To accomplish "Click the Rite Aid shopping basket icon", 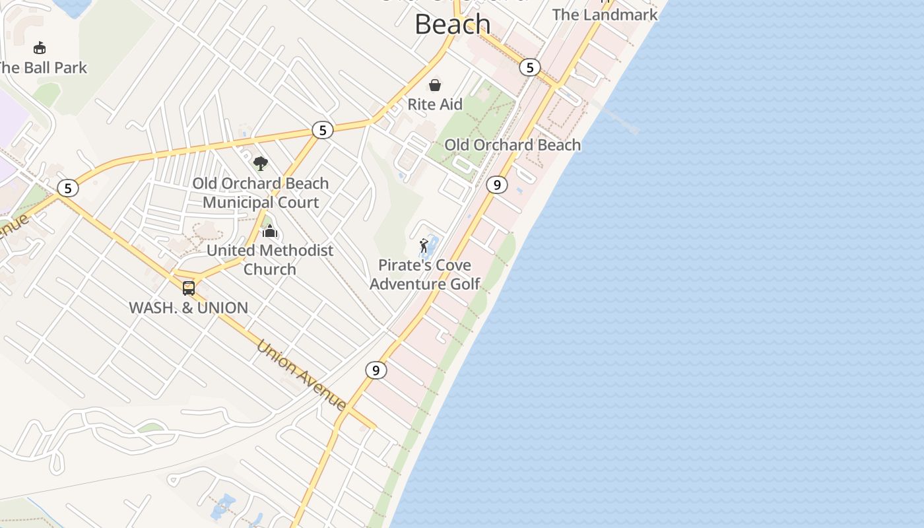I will [x=435, y=85].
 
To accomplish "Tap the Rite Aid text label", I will [x=435, y=104].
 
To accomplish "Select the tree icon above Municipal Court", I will [x=261, y=163].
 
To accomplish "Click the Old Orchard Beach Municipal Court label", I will [x=261, y=193].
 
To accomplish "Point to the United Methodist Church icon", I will [x=269, y=232].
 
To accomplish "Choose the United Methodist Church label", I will [x=270, y=259].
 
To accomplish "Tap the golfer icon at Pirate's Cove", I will [x=424, y=247].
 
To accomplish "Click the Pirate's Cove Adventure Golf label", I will [x=424, y=275].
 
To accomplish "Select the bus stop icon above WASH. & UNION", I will [x=189, y=288].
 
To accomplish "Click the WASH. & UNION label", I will [x=189, y=308].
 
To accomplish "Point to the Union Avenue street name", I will [x=302, y=374].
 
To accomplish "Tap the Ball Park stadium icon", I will [x=40, y=48].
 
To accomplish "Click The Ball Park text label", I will [x=42, y=67].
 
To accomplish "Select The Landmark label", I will [x=605, y=15].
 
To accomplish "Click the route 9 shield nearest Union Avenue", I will [x=376, y=370].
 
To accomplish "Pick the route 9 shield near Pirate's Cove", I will [x=497, y=185].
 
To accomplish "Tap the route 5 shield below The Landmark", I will [x=529, y=67].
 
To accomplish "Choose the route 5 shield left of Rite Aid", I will [x=322, y=130].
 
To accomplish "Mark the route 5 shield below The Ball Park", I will [x=67, y=189].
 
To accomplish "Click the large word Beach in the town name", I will [x=453, y=24].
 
